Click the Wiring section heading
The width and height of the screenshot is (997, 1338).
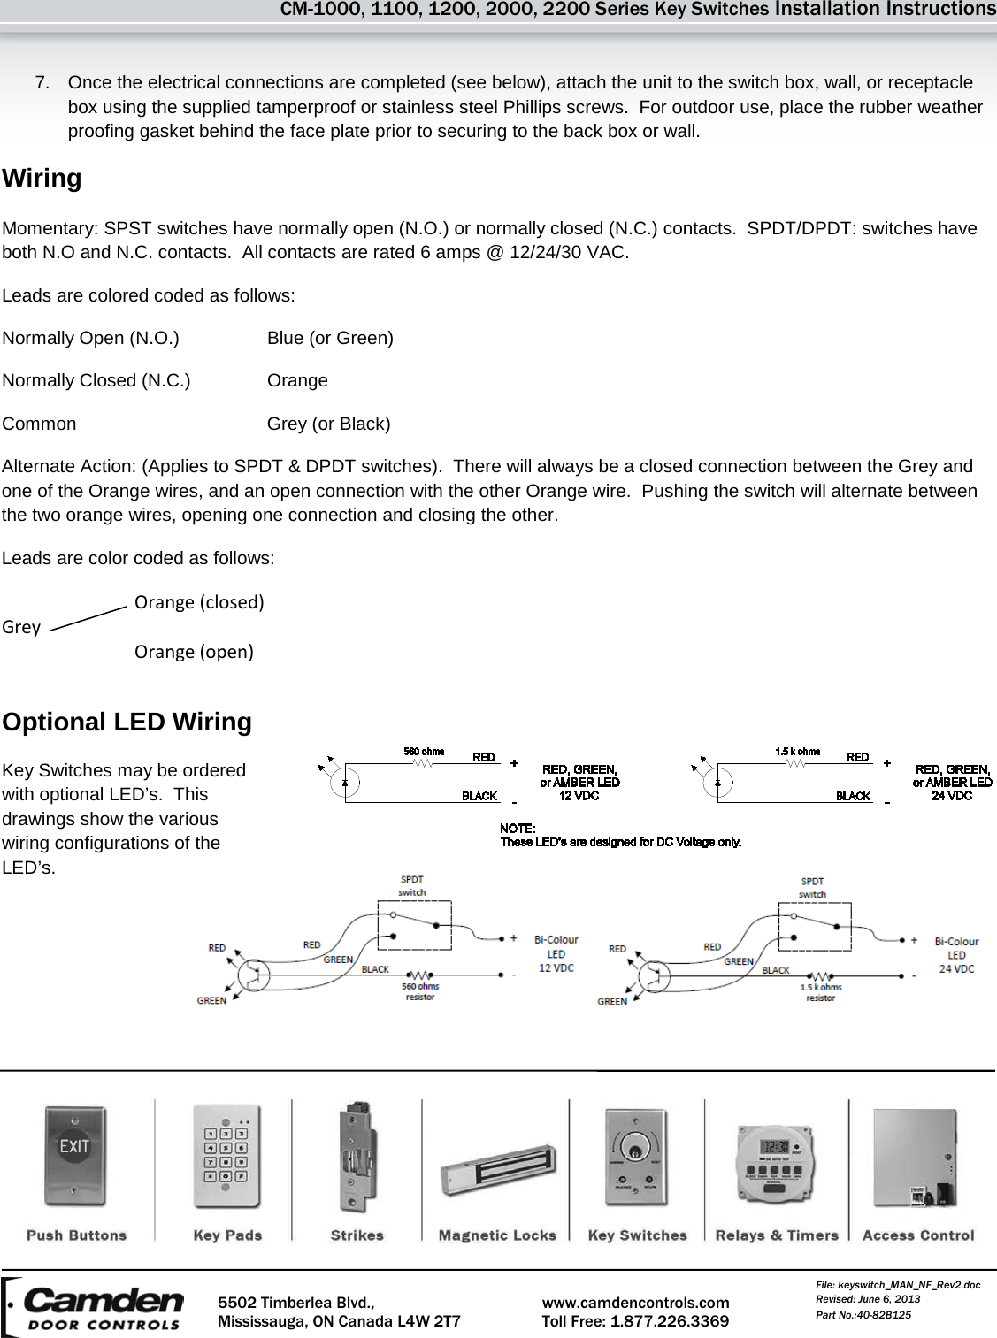tap(42, 179)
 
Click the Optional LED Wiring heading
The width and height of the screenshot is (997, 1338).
tap(127, 722)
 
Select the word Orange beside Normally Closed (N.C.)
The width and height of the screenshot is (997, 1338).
tap(297, 380)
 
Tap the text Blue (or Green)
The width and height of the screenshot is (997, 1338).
tap(330, 338)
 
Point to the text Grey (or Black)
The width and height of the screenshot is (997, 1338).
tap(328, 424)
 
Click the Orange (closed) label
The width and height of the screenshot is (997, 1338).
tap(199, 602)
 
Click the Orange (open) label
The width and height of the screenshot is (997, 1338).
tap(194, 652)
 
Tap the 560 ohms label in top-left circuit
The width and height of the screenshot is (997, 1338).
tap(424, 752)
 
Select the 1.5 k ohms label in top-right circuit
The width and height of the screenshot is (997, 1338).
tap(797, 752)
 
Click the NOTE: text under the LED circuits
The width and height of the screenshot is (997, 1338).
tap(518, 829)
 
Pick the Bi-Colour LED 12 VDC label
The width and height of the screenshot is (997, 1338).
tap(556, 953)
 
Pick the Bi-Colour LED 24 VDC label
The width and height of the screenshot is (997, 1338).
tap(956, 955)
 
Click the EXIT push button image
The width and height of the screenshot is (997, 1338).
tap(74, 1156)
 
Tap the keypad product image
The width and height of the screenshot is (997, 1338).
tap(226, 1156)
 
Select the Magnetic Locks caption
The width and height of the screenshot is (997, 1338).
tap(497, 1235)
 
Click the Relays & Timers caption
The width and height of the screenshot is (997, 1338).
tap(776, 1235)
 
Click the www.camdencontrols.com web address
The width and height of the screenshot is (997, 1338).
tap(635, 1303)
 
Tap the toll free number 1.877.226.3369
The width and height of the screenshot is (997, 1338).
tap(669, 1321)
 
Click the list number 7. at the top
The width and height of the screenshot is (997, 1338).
tap(42, 83)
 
